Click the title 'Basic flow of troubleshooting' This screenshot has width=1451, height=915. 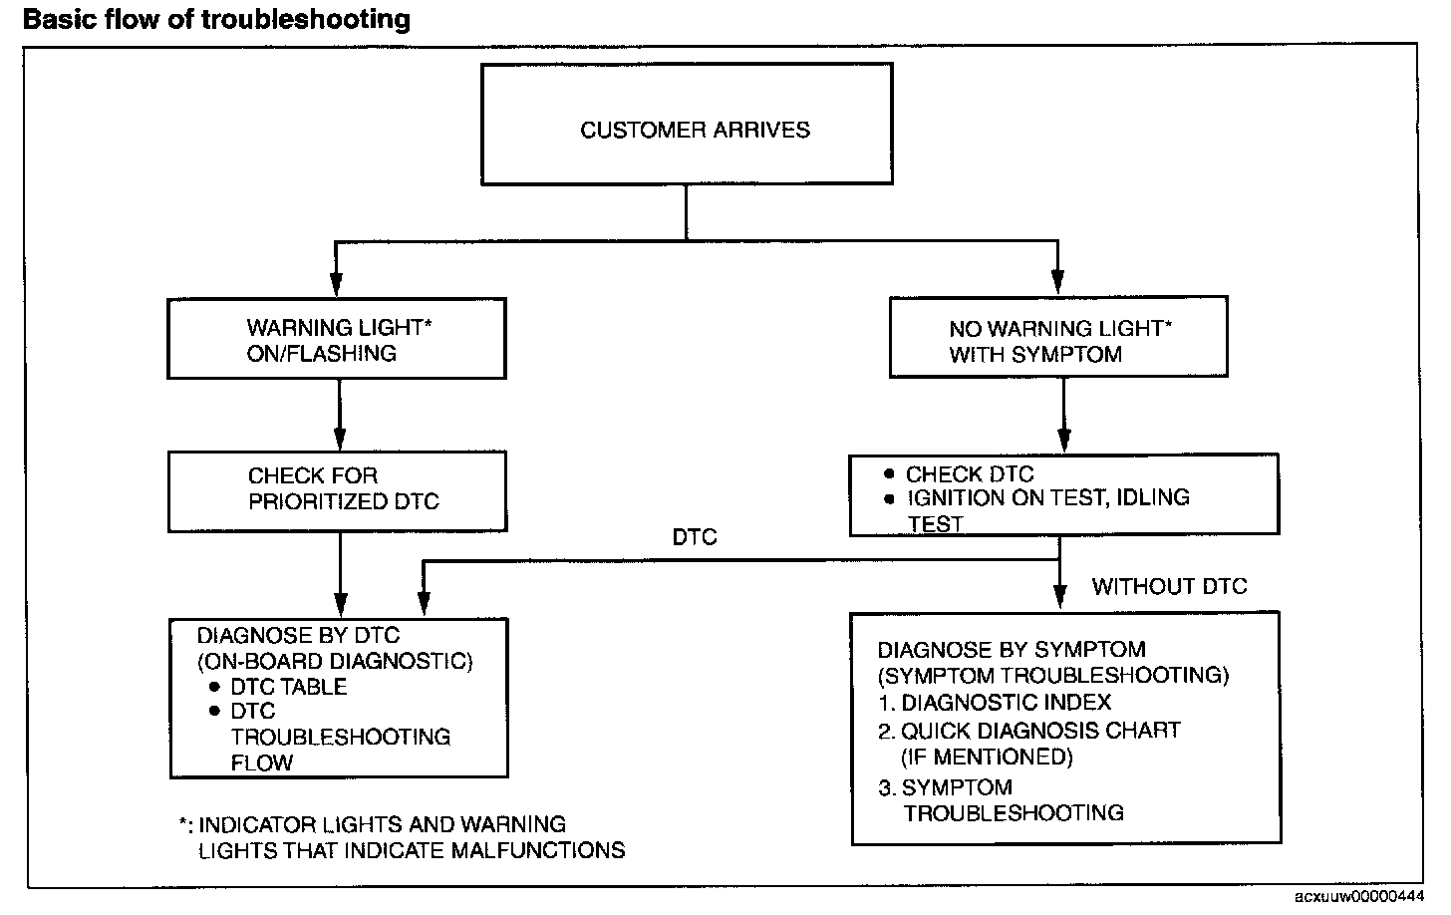(216, 20)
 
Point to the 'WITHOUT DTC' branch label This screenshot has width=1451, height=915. (1169, 586)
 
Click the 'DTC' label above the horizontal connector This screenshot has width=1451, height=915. (695, 537)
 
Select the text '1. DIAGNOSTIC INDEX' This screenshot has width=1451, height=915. (995, 703)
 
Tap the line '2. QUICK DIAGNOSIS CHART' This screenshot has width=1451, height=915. (1029, 731)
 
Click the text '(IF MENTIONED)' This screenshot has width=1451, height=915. (988, 757)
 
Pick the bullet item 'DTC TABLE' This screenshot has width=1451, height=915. (279, 687)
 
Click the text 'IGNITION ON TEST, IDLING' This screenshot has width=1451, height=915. (1048, 497)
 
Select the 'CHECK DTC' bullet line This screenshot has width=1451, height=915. (960, 474)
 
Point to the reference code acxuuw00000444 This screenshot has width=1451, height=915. (1359, 897)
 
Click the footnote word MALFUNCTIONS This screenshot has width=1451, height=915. (538, 850)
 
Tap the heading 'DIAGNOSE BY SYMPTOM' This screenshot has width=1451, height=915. (1012, 649)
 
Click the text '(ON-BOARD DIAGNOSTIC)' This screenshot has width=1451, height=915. (335, 661)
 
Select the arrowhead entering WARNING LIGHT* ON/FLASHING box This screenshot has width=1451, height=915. (336, 284)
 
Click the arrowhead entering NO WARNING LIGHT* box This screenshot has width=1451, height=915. (1057, 282)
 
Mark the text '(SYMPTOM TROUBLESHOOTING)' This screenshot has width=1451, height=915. (1053, 676)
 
